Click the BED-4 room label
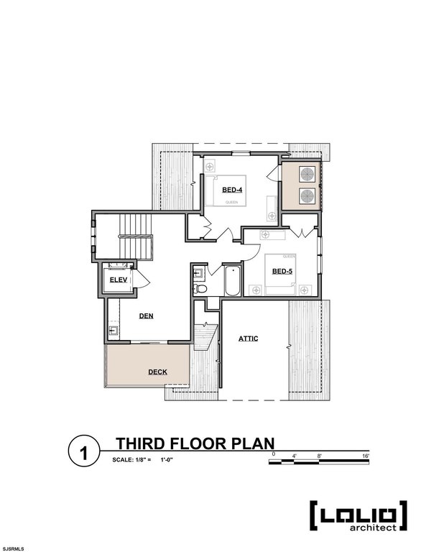[x=231, y=190]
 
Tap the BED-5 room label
[x=281, y=272]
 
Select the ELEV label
[x=117, y=280]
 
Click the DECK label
[x=158, y=372]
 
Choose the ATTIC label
[x=249, y=338]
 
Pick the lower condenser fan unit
[x=307, y=196]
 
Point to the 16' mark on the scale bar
[x=366, y=456]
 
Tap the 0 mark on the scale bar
[x=274, y=456]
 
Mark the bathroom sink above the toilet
[x=199, y=273]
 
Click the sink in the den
[x=114, y=331]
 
